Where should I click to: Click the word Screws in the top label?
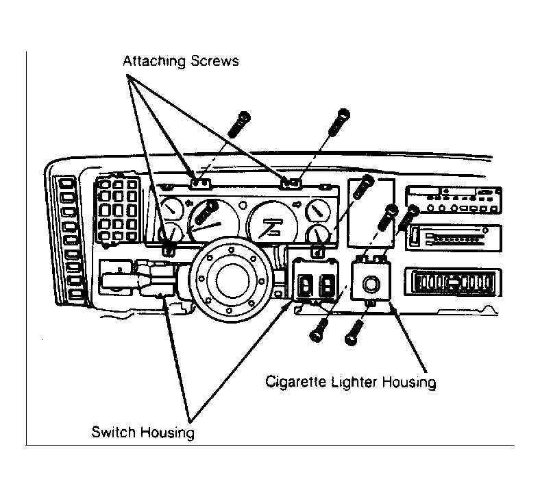click(x=215, y=60)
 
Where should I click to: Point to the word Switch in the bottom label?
click(x=113, y=432)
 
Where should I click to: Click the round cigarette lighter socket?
click(x=371, y=284)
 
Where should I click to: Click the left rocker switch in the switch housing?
click(x=305, y=286)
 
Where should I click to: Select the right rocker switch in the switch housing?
click(x=327, y=286)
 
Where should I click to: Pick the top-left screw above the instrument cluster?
click(x=239, y=124)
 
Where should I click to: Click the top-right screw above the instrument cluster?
click(x=339, y=122)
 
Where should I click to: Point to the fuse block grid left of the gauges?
click(x=117, y=212)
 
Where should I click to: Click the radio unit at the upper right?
click(x=454, y=199)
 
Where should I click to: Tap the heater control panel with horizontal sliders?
click(x=454, y=238)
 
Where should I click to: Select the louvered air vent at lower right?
click(x=453, y=282)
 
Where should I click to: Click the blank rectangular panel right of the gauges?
click(x=371, y=213)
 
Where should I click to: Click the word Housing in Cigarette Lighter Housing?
click(x=410, y=383)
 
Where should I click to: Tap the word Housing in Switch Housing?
click(x=167, y=433)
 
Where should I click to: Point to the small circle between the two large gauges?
click(x=243, y=206)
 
